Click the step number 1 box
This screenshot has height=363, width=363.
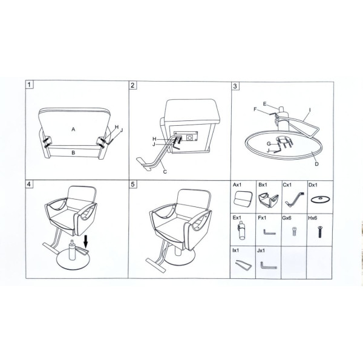click(x=29, y=85)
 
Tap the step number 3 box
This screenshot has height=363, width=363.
click(x=235, y=86)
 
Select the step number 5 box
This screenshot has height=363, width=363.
click(x=132, y=185)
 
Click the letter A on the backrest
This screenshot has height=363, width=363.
click(x=73, y=129)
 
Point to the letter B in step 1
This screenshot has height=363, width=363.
click(x=73, y=152)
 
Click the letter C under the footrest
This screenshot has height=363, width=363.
click(x=165, y=172)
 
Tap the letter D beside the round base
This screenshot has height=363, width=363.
click(x=316, y=164)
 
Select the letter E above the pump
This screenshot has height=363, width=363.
click(x=265, y=103)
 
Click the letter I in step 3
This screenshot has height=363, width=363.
click(x=310, y=110)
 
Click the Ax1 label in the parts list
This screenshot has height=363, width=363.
click(x=237, y=185)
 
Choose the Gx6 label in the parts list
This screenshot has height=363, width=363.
click(x=287, y=218)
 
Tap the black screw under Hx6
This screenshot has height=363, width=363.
click(x=319, y=232)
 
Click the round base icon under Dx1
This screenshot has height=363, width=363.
click(x=320, y=200)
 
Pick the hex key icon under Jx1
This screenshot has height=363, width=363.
click(x=268, y=266)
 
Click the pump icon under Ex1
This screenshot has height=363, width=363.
click(x=241, y=230)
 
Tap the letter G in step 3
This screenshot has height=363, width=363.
click(x=269, y=144)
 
